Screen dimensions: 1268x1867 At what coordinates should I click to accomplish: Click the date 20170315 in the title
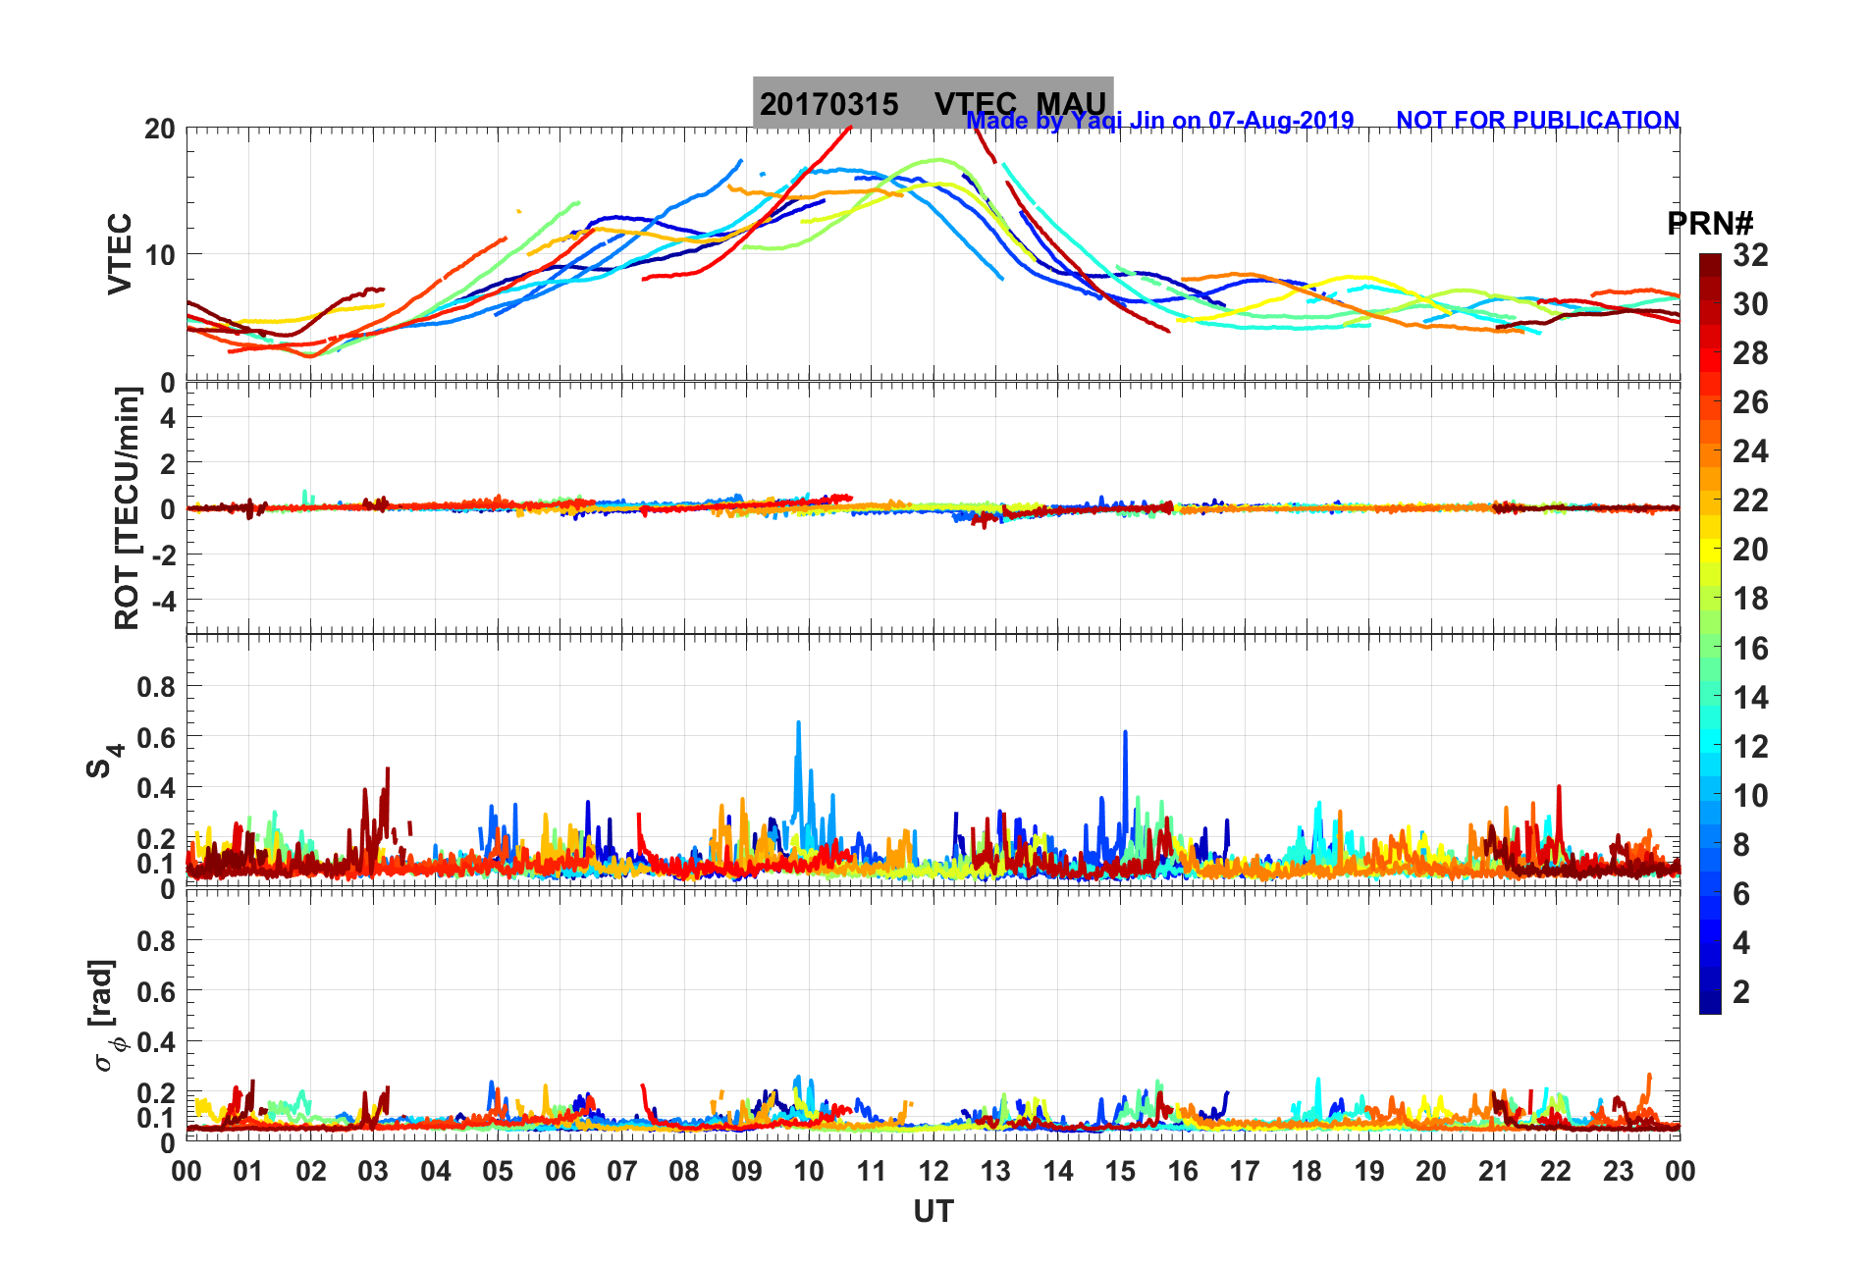pyautogui.click(x=828, y=104)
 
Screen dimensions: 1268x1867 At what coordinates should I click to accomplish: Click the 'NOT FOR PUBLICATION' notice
pyautogui.click(x=1537, y=120)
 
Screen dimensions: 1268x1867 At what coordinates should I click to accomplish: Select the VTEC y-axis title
pyautogui.click(x=120, y=253)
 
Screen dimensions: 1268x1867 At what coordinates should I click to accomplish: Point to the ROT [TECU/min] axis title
pyautogui.click(x=128, y=507)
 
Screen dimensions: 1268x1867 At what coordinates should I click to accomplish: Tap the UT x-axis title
pyautogui.click(x=933, y=1212)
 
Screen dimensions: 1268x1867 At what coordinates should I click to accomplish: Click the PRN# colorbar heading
pyautogui.click(x=1710, y=224)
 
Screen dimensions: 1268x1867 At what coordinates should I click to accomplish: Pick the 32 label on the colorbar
pyautogui.click(x=1750, y=255)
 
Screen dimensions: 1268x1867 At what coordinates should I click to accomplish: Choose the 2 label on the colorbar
pyautogui.click(x=1741, y=992)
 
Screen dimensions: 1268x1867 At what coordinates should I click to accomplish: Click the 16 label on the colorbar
pyautogui.click(x=1750, y=648)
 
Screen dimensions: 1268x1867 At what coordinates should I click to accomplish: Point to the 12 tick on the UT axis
pyautogui.click(x=933, y=1171)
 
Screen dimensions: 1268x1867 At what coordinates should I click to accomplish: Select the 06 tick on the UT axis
pyautogui.click(x=560, y=1171)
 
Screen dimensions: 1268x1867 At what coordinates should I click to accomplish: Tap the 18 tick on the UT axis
pyautogui.click(x=1307, y=1171)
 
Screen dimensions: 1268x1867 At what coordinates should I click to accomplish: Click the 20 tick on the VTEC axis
pyautogui.click(x=160, y=129)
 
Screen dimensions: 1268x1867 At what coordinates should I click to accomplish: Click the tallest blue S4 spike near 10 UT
pyautogui.click(x=798, y=723)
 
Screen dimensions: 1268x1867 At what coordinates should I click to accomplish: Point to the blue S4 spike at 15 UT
pyautogui.click(x=1125, y=732)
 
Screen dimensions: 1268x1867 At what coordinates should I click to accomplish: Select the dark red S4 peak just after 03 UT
pyautogui.click(x=388, y=769)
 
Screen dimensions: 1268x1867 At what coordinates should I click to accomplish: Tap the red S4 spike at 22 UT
pyautogui.click(x=1558, y=787)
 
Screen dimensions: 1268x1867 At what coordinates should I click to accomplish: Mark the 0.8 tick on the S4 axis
pyautogui.click(x=156, y=687)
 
